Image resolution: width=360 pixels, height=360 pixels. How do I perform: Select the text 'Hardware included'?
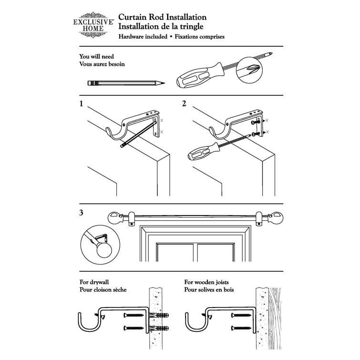tap(143, 37)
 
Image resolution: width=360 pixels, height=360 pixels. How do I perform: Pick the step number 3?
tap(82, 213)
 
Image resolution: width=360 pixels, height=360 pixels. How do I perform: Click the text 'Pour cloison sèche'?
tap(103, 290)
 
